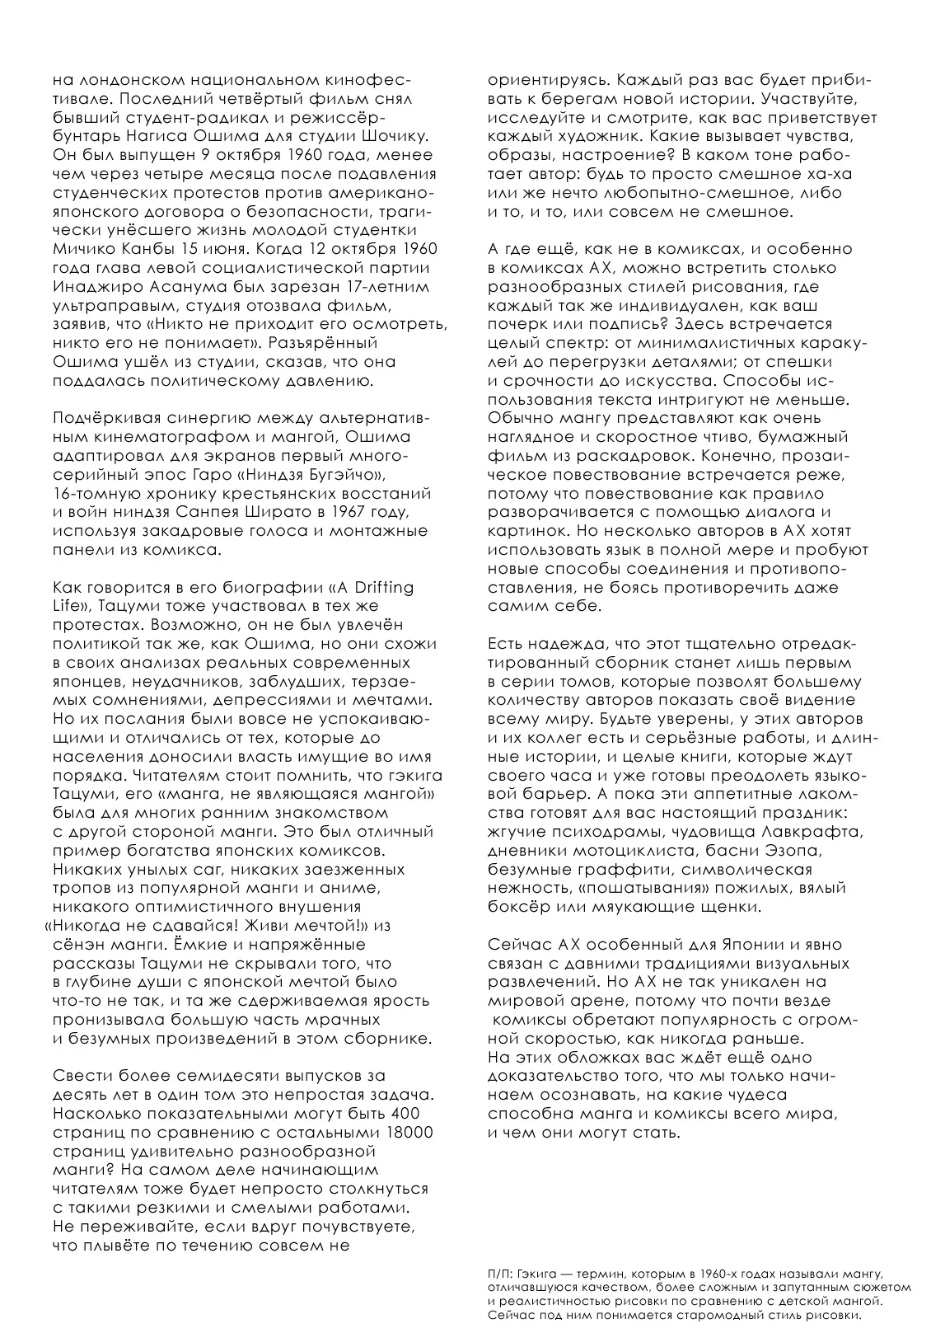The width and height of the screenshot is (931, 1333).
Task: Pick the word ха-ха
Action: point(830,174)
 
